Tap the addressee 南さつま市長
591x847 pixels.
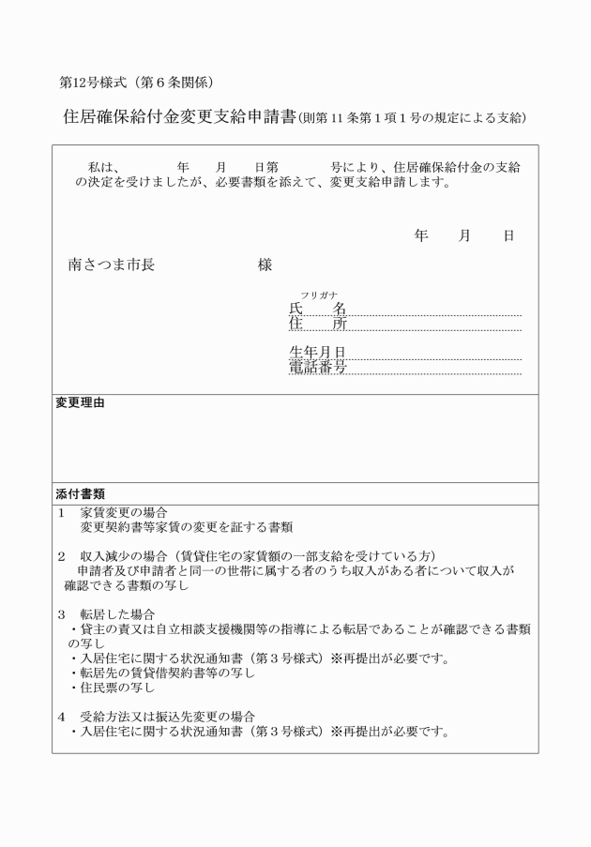[x=112, y=265]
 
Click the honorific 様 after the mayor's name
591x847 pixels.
[x=265, y=265]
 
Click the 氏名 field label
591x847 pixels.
[x=317, y=309]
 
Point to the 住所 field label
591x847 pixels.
[x=317, y=324]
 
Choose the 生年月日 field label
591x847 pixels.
[x=317, y=353]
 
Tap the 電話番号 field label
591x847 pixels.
[x=317, y=368]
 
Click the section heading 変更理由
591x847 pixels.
[x=80, y=403]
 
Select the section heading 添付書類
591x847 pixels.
[x=80, y=492]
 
